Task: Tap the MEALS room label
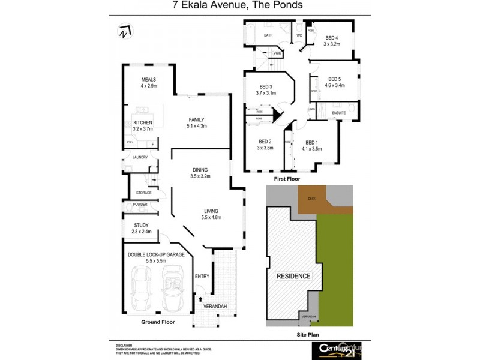[x=149, y=79]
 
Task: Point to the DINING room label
[x=200, y=170]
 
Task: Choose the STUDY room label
[x=141, y=225]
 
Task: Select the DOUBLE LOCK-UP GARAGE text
[x=155, y=254]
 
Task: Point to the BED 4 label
[x=332, y=37]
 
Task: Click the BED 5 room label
[x=334, y=79]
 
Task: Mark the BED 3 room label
[x=266, y=86]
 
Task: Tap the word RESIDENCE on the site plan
[x=293, y=276]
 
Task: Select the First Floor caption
[x=286, y=179]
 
